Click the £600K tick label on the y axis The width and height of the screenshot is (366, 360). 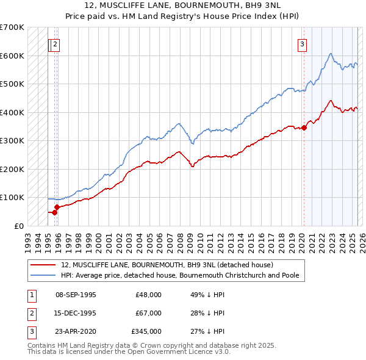click(12, 56)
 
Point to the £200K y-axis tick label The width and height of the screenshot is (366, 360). click(12, 169)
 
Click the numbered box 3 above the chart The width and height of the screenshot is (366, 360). click(302, 43)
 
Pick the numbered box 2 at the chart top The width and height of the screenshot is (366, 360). click(55, 43)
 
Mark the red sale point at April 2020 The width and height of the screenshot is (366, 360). click(304, 128)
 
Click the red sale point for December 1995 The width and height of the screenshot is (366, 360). click(56, 207)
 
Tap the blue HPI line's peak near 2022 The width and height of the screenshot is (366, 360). click(329, 54)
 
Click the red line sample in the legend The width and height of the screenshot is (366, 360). click(43, 265)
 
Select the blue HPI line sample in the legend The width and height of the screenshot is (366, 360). click(43, 275)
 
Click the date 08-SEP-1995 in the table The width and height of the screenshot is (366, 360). click(76, 295)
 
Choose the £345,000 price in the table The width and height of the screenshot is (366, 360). click(146, 331)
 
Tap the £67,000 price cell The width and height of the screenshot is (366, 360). click(148, 313)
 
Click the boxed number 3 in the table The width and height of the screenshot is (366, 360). click(31, 331)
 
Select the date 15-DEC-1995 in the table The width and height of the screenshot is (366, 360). click(76, 313)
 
